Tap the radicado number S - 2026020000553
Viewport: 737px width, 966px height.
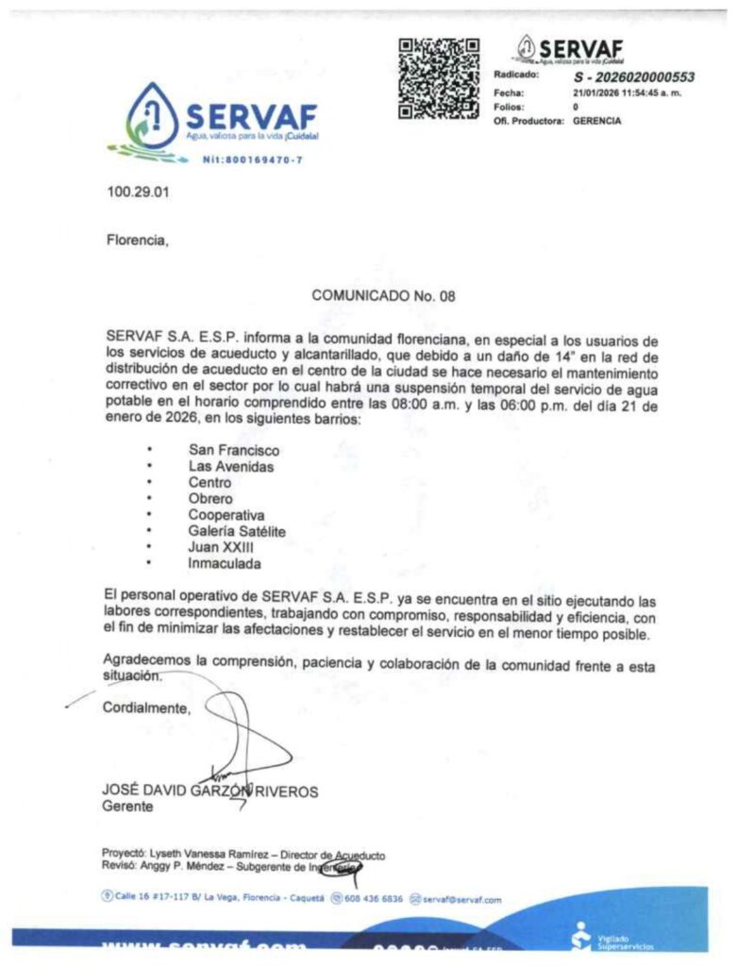coord(634,77)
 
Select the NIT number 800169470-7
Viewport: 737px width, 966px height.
coord(252,159)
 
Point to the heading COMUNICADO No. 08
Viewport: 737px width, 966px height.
coord(383,295)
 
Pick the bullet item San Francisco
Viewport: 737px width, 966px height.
coord(233,450)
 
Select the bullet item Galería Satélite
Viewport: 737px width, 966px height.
coord(237,531)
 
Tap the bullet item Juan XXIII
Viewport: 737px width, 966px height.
coord(221,547)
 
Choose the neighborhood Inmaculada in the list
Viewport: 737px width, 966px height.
coord(225,563)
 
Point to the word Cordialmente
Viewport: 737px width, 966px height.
coord(146,708)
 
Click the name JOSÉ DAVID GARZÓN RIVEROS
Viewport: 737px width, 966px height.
coord(209,791)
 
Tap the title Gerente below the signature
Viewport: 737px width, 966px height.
coord(126,808)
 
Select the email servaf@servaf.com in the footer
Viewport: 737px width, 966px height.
coord(461,899)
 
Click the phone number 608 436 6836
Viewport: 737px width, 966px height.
coord(372,899)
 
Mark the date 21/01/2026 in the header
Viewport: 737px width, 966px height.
coord(600,92)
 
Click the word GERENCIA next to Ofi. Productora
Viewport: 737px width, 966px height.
coord(597,121)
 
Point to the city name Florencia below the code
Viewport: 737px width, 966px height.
coord(137,240)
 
